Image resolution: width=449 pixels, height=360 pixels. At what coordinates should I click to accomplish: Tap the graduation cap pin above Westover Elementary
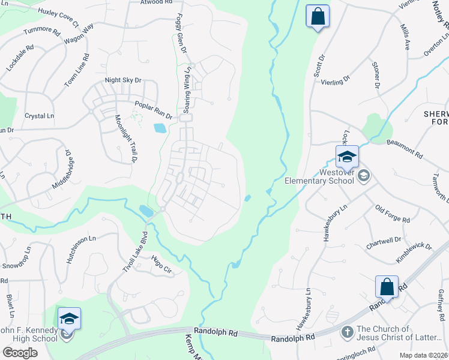346,157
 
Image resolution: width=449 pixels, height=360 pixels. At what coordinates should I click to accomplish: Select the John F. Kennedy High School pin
69,319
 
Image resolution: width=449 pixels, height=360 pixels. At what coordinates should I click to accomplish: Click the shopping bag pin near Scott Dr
318,16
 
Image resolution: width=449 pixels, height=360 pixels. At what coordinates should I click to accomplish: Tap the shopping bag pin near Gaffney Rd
387,287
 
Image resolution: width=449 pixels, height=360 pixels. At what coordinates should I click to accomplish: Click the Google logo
20,352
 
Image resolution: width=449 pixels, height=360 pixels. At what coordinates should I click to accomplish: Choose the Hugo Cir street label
162,263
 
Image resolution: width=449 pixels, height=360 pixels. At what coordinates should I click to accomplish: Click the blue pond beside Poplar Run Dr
160,128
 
